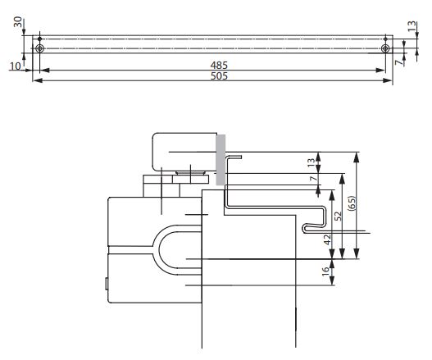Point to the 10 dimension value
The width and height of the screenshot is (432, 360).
15,65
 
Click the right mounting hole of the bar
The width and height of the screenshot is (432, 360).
385,48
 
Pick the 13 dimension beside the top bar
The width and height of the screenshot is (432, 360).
412,28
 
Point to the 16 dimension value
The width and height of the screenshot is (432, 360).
325,272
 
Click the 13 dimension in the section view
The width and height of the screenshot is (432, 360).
311,163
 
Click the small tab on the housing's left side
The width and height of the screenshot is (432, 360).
107,285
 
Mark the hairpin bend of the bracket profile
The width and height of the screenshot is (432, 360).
306,226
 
